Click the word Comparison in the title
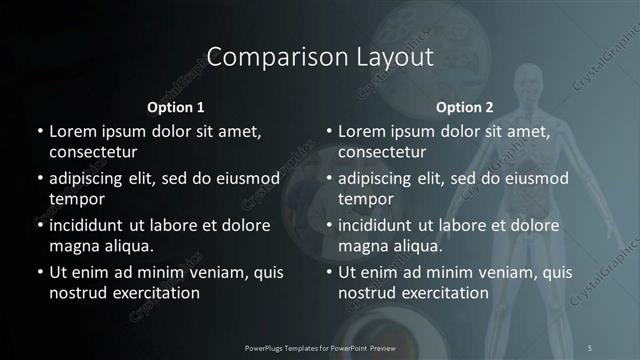click(263, 57)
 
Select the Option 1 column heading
click(176, 107)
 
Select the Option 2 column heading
click(465, 107)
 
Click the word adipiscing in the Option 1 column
click(91, 179)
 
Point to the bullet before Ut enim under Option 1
click(39, 272)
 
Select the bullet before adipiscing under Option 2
click(329, 179)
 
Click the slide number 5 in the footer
click(589, 346)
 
